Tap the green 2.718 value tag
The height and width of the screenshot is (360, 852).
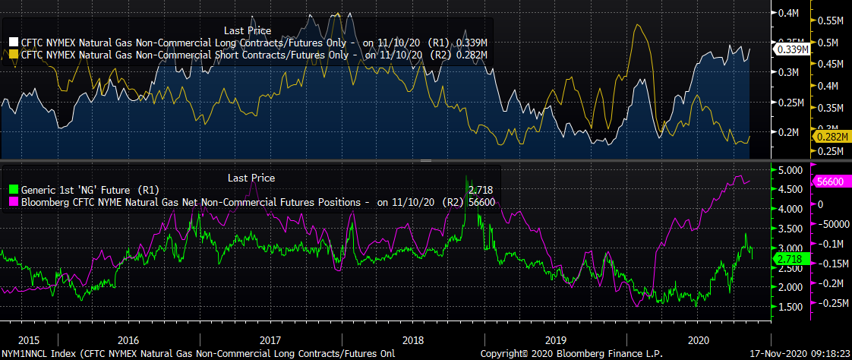point(791,260)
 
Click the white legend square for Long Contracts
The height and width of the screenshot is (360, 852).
point(14,43)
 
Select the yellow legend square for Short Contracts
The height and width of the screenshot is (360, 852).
point(14,55)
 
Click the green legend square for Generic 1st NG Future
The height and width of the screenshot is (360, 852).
point(14,190)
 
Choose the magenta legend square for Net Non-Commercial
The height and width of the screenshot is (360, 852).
point(14,202)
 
